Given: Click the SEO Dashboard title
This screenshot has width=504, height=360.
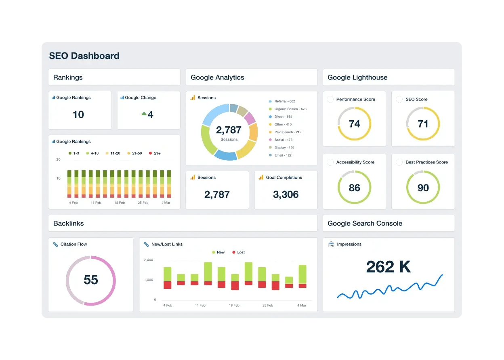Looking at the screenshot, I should pos(84,56).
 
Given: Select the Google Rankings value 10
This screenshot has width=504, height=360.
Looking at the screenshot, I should pos(78,115).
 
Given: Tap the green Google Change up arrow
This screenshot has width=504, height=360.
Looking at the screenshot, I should pos(143,114).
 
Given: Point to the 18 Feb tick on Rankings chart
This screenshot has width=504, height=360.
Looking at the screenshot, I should pos(120,203).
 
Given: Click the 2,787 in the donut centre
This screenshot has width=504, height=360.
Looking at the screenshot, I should pos(229,130).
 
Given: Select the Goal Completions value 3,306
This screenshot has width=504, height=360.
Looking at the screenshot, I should pos(286,195).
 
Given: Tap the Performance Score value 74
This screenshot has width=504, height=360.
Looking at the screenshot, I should pos(354,124).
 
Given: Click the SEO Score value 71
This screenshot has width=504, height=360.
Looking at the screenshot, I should pos(423,124).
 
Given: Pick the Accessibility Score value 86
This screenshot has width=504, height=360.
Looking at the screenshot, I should pos(354,188).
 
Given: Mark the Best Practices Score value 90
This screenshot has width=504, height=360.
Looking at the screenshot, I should pos(423,188).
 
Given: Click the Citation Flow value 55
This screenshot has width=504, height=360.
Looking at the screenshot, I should pos(91,280).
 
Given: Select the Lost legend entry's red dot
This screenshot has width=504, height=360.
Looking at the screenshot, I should pos(233,252).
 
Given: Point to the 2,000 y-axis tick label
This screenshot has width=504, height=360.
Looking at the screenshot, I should pos(148,260).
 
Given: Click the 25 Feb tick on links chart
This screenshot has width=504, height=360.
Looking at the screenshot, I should pos(267,306).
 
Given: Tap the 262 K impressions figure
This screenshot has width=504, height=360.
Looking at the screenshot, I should pos(388,267).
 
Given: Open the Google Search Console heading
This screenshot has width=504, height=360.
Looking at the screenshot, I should pos(365,223).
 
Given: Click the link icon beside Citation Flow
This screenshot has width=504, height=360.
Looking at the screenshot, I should pos(55,244).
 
